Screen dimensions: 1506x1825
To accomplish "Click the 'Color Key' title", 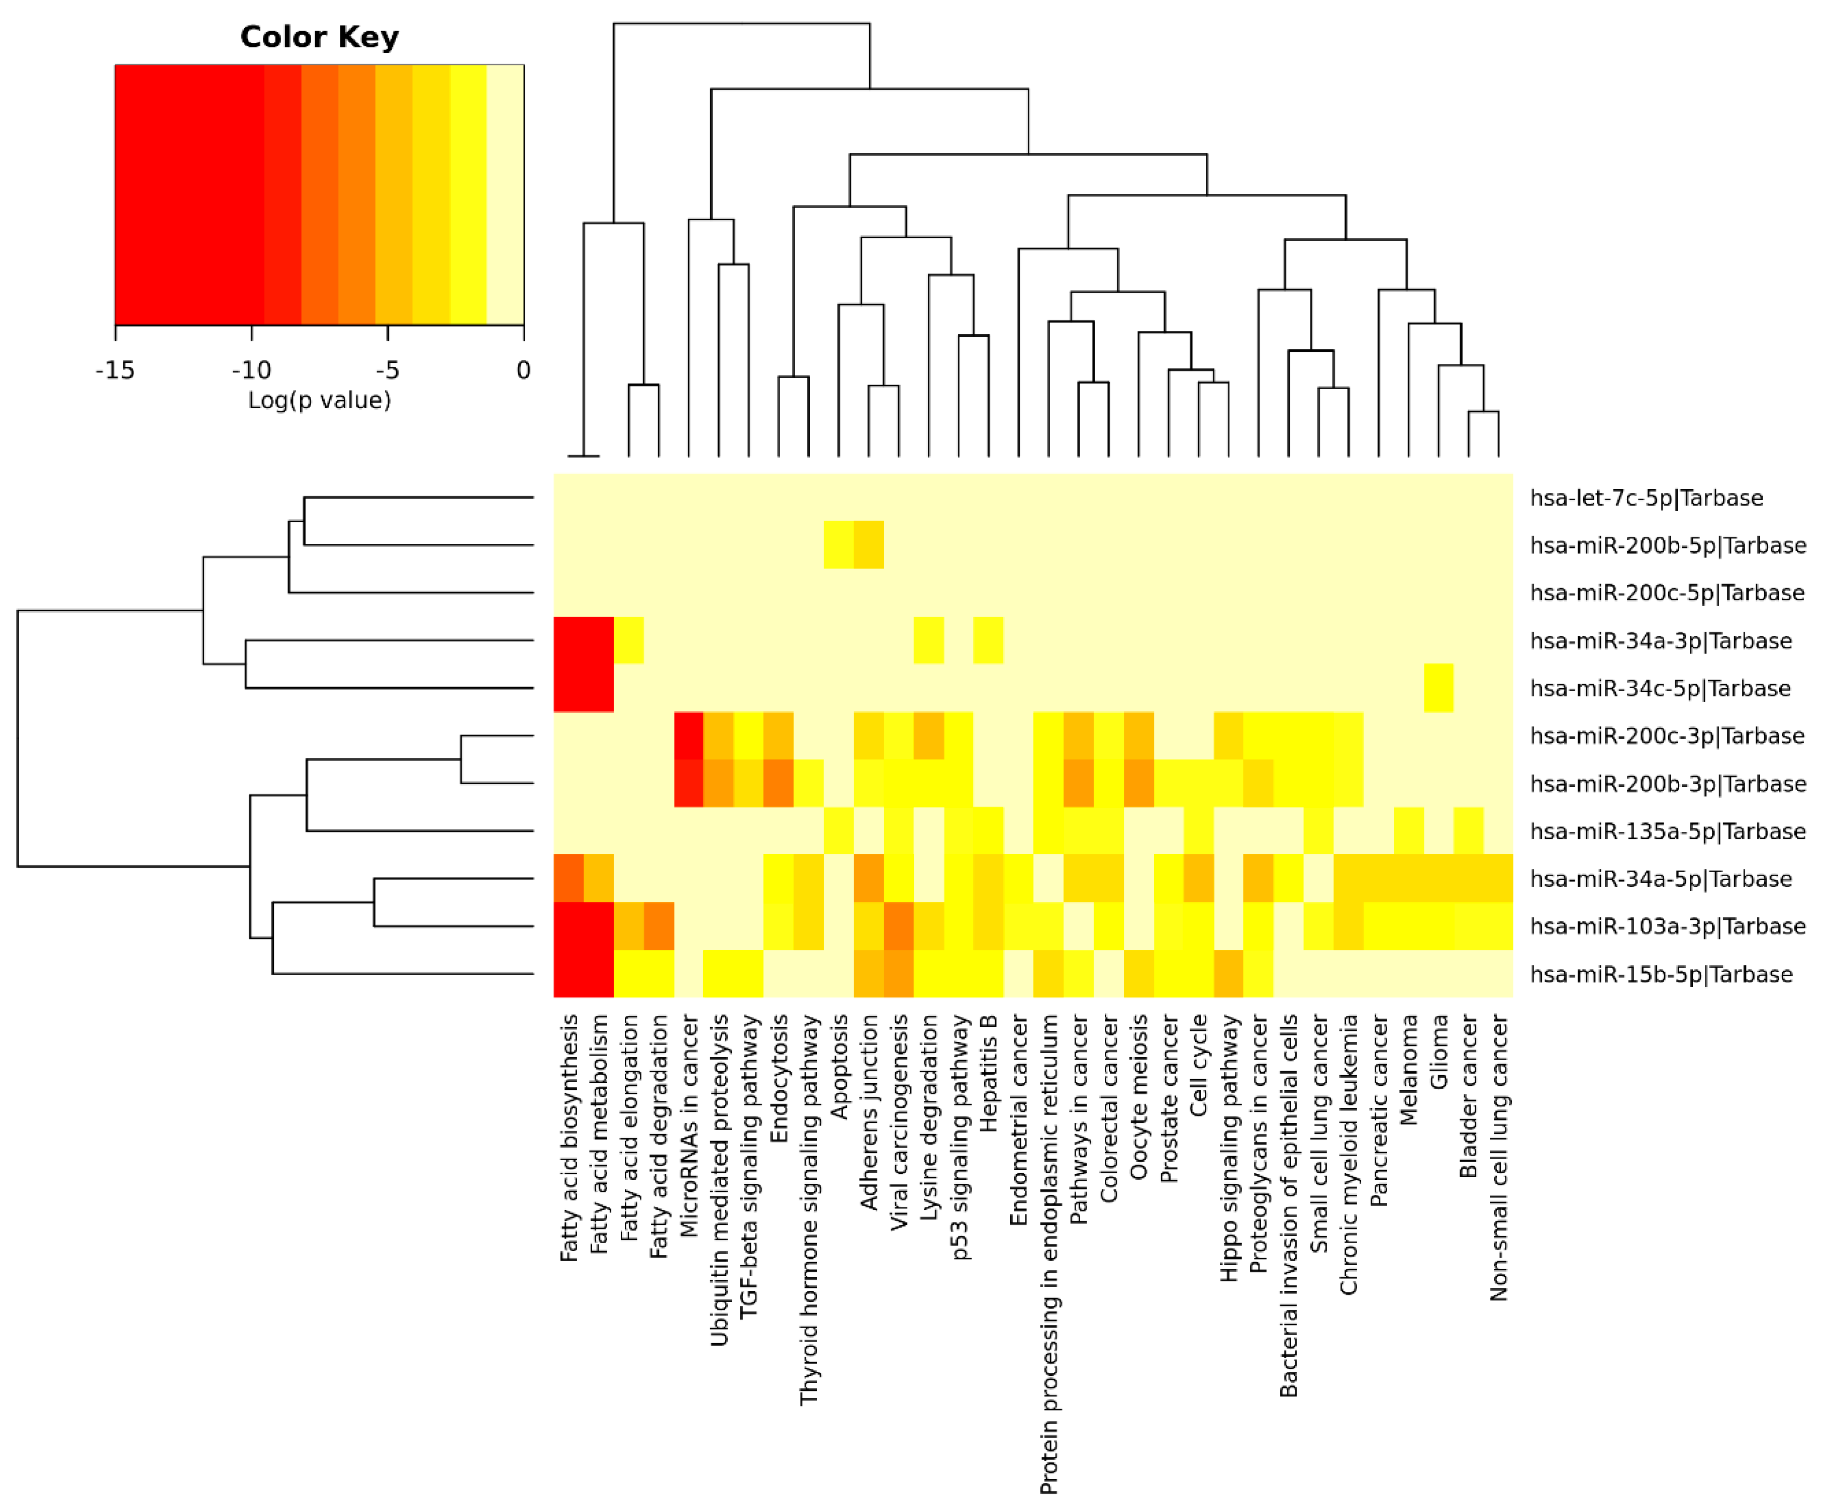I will [319, 37].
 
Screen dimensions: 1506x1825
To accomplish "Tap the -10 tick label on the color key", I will [251, 370].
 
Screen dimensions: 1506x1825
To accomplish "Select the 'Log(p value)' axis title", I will [319, 400].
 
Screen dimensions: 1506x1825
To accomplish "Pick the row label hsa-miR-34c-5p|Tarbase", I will [1659, 688].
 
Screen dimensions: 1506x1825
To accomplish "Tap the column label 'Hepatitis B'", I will [989, 1073].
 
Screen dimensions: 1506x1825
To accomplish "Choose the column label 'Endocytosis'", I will [779, 1078].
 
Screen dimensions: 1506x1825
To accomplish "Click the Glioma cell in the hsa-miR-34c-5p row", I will [1438, 688].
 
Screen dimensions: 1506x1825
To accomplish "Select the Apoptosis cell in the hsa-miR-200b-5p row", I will [839, 545].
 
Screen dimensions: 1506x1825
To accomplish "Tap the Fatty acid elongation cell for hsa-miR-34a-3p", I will [629, 640].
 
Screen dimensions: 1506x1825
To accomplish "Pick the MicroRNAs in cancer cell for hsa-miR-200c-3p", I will [689, 735].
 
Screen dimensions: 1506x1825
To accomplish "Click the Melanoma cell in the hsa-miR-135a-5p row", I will [1409, 831].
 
